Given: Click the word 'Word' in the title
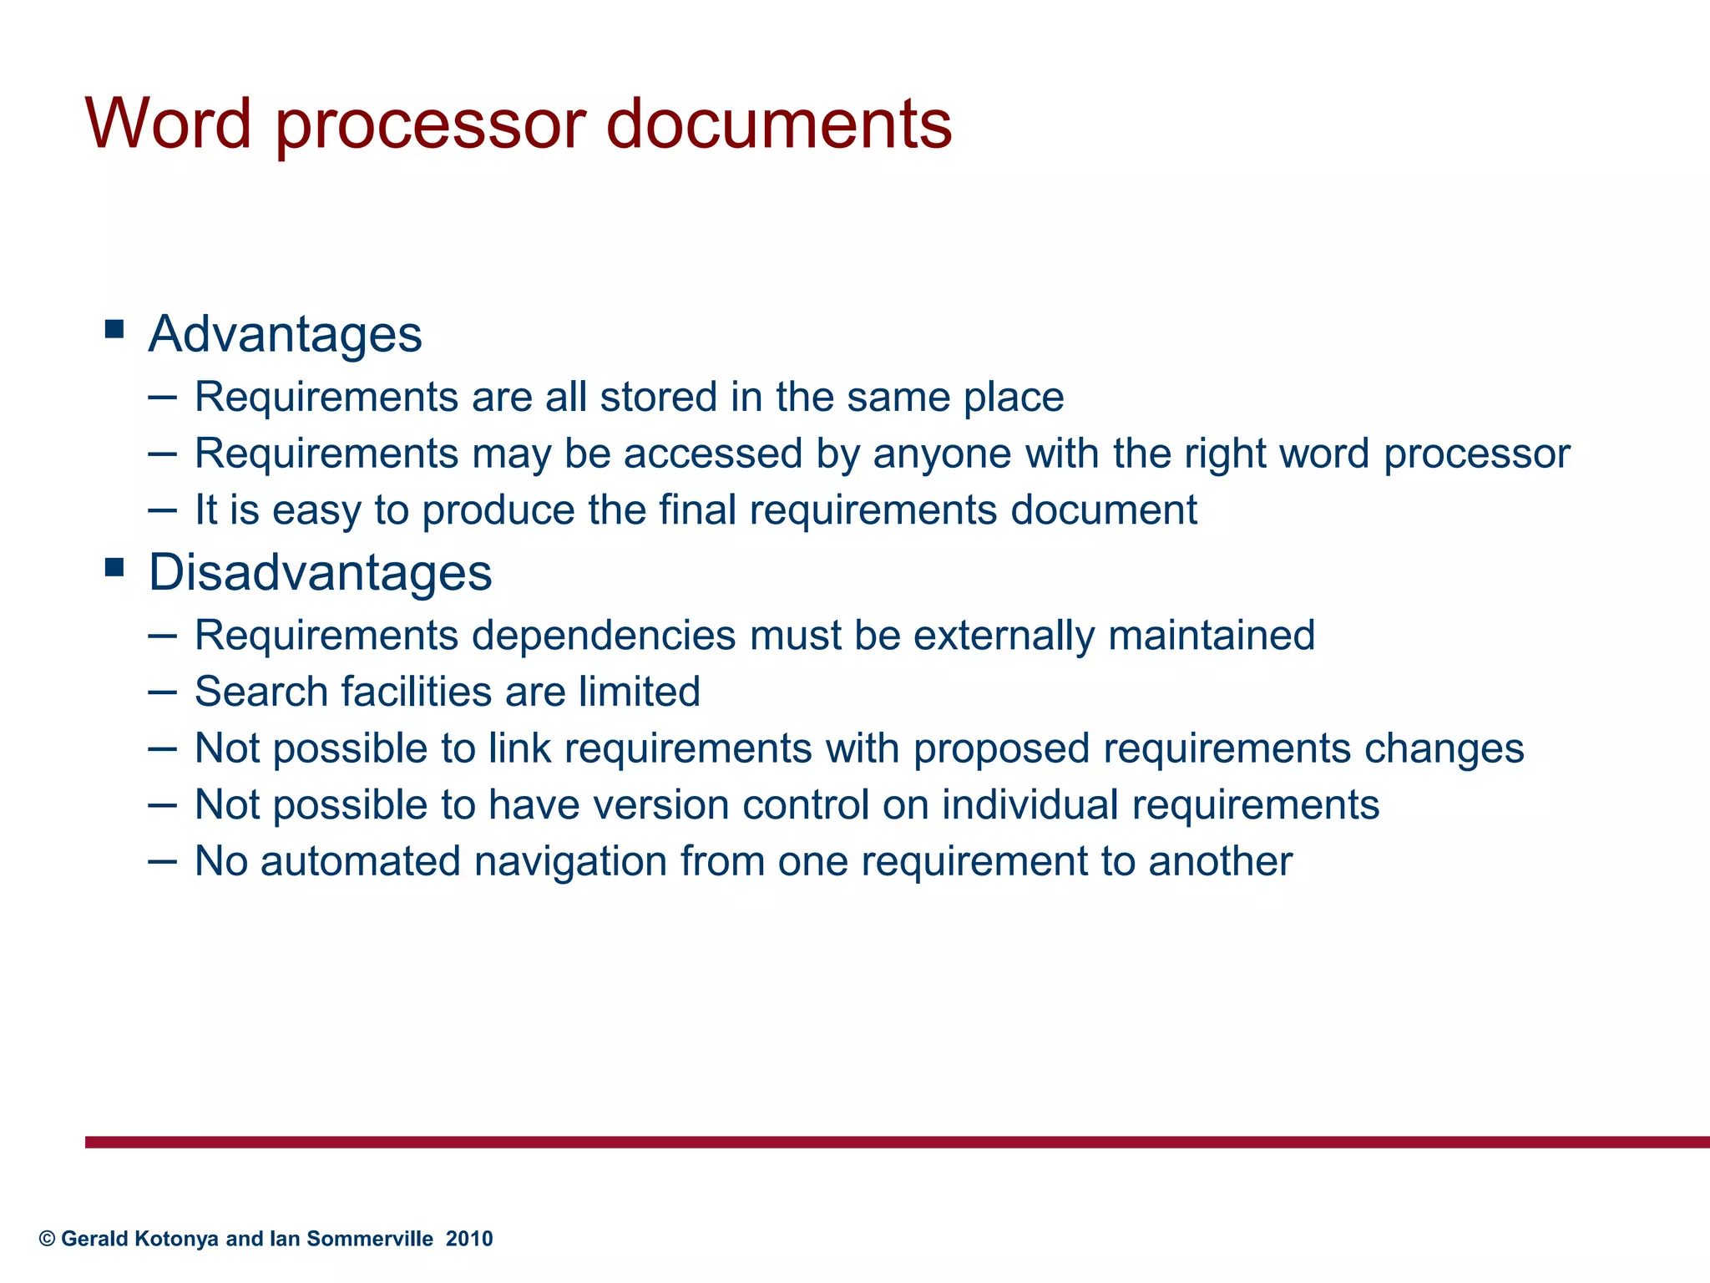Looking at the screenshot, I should tap(168, 124).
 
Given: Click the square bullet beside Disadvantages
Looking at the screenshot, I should tap(114, 568).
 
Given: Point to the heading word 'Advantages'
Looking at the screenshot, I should tap(285, 334).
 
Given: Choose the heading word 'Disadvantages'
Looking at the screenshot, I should tap(320, 573).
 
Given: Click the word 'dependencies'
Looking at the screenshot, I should tap(604, 635).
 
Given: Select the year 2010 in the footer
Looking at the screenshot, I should tap(469, 1239).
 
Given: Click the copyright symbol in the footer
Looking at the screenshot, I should tap(47, 1239).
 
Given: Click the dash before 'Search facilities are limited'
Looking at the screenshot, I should tap(162, 692).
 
